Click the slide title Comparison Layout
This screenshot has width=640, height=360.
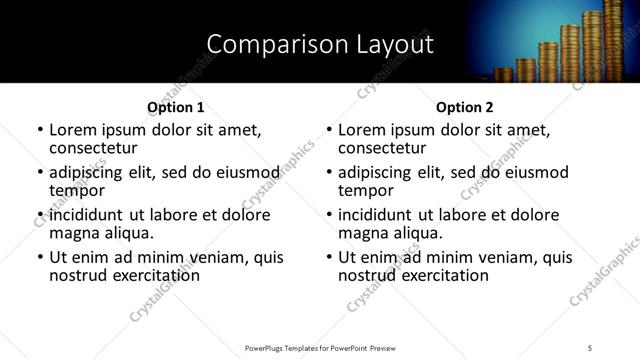click(320, 44)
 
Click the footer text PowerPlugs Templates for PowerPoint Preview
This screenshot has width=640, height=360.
click(320, 347)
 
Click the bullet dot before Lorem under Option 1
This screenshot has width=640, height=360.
click(39, 130)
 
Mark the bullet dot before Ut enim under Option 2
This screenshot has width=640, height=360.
click(329, 257)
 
